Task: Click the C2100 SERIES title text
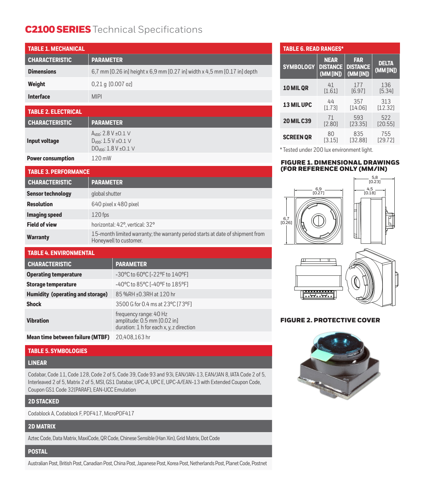(x=58, y=30)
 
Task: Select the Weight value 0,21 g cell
(x=112, y=84)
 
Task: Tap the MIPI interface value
(x=97, y=97)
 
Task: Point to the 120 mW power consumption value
(x=101, y=158)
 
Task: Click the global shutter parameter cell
(x=106, y=194)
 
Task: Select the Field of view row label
(x=42, y=225)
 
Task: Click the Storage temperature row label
(x=51, y=284)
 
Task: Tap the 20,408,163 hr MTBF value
(x=133, y=337)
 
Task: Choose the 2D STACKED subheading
(x=43, y=401)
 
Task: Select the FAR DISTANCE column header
(x=358, y=67)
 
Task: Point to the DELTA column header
(x=386, y=67)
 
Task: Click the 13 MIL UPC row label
(x=297, y=105)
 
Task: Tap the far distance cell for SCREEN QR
(x=358, y=137)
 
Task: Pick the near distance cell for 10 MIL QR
(x=331, y=88)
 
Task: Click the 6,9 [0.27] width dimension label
(x=318, y=191)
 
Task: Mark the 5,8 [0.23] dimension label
(x=375, y=179)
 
